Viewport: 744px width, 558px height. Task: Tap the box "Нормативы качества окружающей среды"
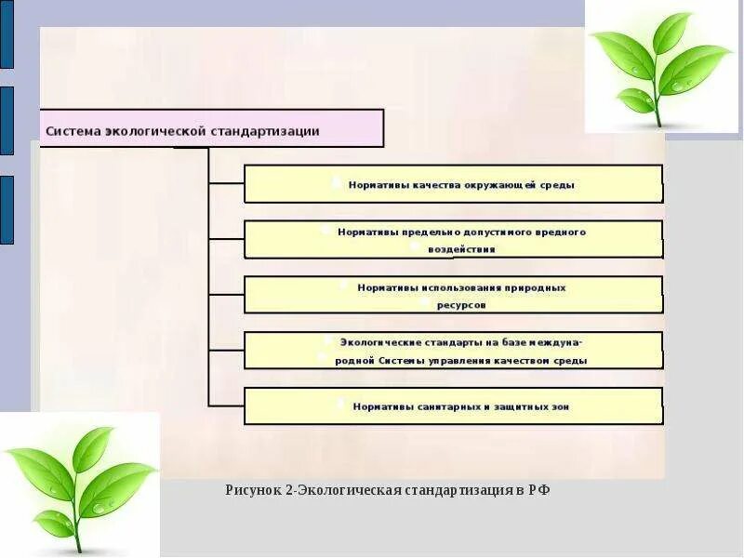[453, 184]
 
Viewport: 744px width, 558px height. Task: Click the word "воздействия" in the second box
[461, 249]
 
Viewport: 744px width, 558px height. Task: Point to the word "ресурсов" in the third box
[461, 304]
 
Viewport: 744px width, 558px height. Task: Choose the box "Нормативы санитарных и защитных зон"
[453, 406]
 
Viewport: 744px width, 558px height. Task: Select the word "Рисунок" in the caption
[254, 490]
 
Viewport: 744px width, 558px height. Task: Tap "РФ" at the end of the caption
[539, 490]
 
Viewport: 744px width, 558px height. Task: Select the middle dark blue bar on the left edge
[7, 120]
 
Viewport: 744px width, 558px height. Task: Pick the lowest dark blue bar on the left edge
[7, 209]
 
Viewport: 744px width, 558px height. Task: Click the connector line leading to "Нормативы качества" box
[226, 184]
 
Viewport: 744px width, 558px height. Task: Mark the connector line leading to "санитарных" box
[226, 405]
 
